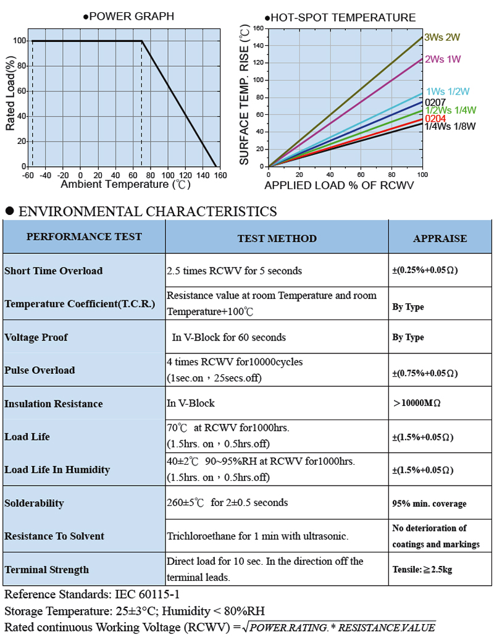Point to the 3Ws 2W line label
coord(443,37)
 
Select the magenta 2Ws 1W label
coord(443,59)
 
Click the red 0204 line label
coord(435,119)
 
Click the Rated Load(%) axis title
coord(10,93)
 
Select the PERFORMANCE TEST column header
coord(84,237)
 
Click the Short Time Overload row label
coord(54,271)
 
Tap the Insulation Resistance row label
coord(54,403)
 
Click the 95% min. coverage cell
coord(429,504)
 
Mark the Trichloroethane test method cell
coord(257,536)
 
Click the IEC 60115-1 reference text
coord(148,595)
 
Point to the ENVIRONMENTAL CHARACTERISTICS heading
coord(148,211)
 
